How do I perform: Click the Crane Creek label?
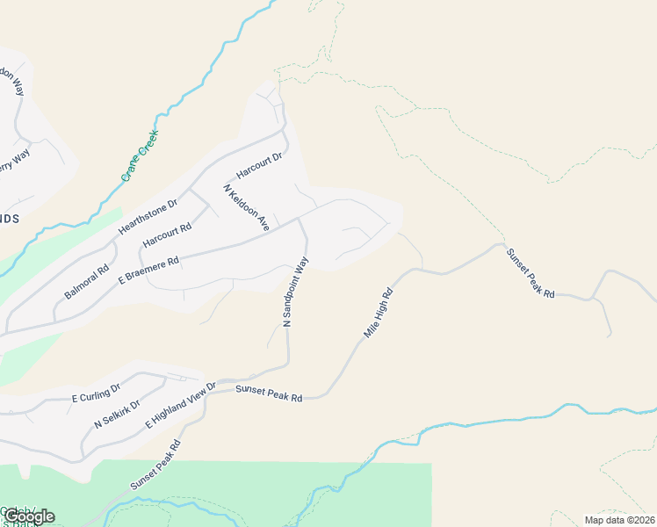point(139,156)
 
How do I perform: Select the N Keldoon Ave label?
point(247,208)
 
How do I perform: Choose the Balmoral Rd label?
point(86,281)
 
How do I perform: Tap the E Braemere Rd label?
point(149,269)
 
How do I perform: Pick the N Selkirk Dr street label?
point(117,411)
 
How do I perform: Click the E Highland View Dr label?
point(180,405)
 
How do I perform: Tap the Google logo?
point(29,516)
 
